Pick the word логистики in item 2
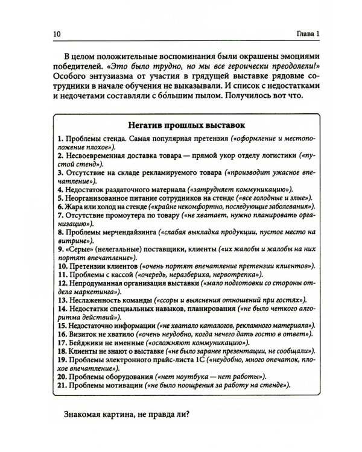click(x=275, y=155)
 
